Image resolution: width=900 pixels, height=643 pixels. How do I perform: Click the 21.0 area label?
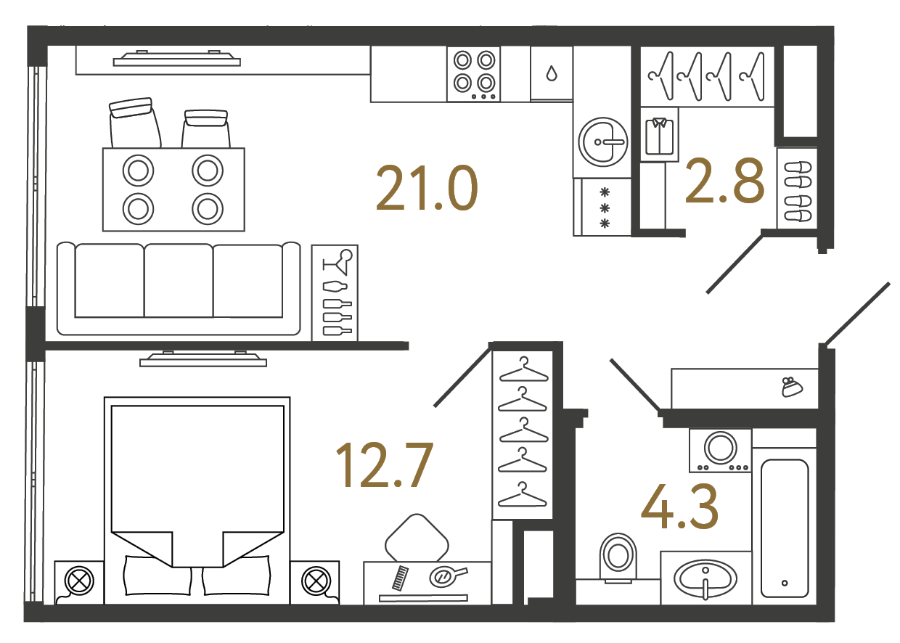tap(427, 188)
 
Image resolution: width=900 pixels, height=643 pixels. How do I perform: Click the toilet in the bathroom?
tap(618, 558)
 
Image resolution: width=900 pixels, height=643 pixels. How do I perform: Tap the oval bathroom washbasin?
tap(705, 580)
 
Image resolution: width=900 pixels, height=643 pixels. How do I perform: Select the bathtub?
tap(785, 528)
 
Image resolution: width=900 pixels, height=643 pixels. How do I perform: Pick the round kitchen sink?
tap(602, 142)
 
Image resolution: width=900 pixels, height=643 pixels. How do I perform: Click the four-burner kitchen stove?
tap(474, 73)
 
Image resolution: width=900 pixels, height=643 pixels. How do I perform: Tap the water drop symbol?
tap(552, 73)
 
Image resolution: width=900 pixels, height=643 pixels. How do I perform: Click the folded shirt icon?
tap(659, 136)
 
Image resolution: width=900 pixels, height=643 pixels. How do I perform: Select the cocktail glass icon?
tap(338, 261)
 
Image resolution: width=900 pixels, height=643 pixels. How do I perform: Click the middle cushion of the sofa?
tap(179, 280)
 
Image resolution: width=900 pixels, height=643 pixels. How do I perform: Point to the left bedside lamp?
tap(79, 581)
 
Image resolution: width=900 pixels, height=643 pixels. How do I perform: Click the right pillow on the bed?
tap(236, 575)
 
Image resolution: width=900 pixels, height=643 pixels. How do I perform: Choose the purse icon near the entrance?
tap(792, 387)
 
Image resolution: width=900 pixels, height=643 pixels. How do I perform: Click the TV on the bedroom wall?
tap(203, 359)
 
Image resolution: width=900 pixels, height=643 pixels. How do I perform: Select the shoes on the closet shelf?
tap(798, 191)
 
